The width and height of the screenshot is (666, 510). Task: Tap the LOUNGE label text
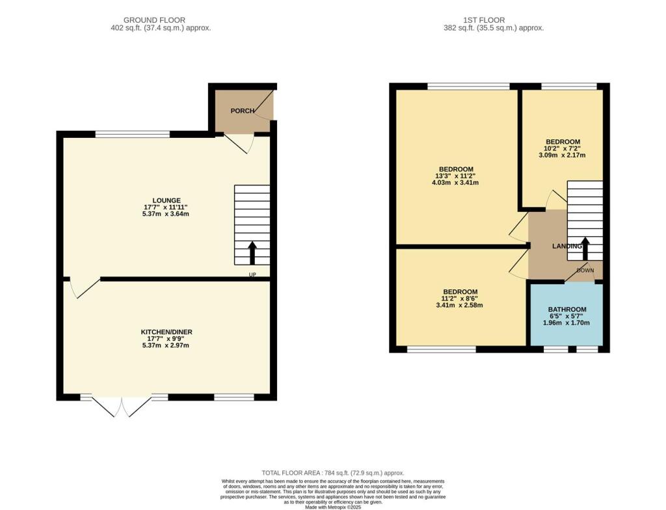166,200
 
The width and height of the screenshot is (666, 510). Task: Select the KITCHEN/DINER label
166,332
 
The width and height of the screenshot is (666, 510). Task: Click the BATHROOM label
567,310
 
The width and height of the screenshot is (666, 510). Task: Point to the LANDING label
566,247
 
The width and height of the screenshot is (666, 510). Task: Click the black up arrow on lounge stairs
252,252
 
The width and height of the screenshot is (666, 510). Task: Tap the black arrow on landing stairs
585,248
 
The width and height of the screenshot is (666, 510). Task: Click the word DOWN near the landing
585,270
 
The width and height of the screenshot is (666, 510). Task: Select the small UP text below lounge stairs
252,275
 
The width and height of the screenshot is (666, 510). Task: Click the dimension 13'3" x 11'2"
455,176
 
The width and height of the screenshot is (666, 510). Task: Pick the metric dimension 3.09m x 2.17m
563,155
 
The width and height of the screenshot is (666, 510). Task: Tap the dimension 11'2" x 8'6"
460,298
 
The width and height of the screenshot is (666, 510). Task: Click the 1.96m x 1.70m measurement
567,323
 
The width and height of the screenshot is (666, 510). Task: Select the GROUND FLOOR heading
154,20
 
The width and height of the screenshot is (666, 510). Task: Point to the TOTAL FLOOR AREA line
332,473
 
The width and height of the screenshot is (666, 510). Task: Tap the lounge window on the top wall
133,135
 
